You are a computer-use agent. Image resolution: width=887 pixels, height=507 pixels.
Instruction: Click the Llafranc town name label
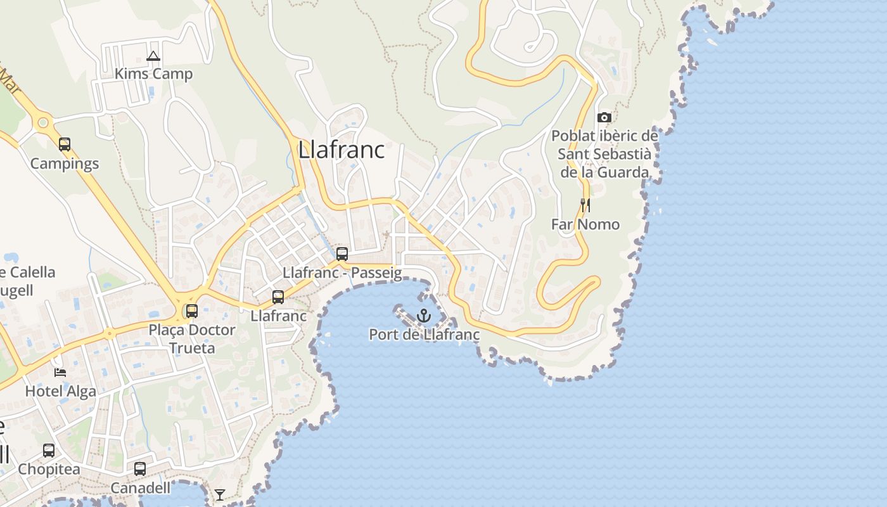pos(341,150)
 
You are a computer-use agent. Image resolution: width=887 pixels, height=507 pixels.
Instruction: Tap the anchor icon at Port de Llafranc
pos(423,315)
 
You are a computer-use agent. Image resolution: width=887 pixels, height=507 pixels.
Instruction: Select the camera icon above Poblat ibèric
pos(604,117)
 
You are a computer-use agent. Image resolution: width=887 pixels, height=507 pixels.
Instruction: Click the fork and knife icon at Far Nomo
pos(585,205)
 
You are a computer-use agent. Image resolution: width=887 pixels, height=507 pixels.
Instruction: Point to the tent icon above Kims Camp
pos(153,56)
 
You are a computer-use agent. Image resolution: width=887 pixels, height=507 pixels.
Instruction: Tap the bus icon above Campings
pos(65,144)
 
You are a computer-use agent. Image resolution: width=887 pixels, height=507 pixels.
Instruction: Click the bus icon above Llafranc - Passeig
pos(342,254)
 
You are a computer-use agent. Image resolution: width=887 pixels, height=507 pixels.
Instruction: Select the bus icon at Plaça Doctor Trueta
pos(191,311)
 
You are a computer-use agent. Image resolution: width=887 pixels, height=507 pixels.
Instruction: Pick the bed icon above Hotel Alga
pos(60,372)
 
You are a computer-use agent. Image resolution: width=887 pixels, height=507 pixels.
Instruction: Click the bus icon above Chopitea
pos(49,451)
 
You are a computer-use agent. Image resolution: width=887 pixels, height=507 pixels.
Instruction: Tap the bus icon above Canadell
pos(140,469)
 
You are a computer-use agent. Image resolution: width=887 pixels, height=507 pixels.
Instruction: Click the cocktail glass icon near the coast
pos(220,494)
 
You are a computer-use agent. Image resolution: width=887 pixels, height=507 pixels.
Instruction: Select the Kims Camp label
pos(153,74)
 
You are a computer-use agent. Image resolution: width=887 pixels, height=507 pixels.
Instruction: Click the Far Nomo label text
pos(585,224)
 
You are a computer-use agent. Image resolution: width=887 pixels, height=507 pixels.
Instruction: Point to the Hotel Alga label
pos(61,391)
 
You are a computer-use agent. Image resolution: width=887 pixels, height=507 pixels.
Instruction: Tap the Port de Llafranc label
pos(424,335)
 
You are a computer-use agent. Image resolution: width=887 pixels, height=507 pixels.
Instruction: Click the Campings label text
pos(65,164)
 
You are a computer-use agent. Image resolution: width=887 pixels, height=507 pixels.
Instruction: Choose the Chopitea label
pos(49,470)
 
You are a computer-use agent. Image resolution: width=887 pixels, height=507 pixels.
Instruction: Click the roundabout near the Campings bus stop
pos(43,122)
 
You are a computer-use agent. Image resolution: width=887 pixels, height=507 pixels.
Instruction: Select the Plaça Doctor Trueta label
pos(192,338)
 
